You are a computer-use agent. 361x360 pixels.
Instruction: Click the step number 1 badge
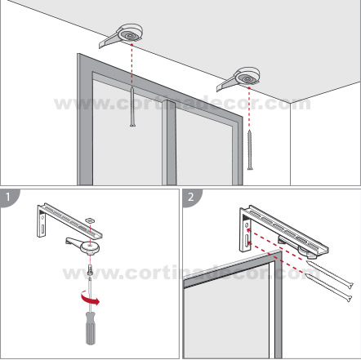pyautogui.click(x=8, y=197)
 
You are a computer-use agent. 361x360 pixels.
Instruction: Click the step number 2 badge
pyautogui.click(x=191, y=197)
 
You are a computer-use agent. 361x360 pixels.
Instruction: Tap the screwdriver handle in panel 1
pyautogui.click(x=91, y=328)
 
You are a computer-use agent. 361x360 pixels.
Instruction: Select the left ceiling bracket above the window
pyautogui.click(x=122, y=36)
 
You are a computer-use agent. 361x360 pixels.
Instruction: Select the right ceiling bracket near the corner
pyautogui.click(x=239, y=78)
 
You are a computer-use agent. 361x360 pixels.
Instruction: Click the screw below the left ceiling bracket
pyautogui.click(x=132, y=107)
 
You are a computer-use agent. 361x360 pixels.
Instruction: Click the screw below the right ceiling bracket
pyautogui.click(x=250, y=149)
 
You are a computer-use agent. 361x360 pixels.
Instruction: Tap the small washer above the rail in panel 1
pyautogui.click(x=89, y=220)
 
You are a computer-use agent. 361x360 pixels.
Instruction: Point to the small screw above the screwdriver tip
pyautogui.click(x=90, y=270)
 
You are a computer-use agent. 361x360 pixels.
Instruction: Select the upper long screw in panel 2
pyautogui.click(x=330, y=274)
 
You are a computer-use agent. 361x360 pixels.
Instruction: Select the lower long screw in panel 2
pyautogui.click(x=328, y=287)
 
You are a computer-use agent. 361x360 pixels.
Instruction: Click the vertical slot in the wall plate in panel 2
pyautogui.click(x=247, y=241)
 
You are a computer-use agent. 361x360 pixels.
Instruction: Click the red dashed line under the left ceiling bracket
pyautogui.click(x=132, y=65)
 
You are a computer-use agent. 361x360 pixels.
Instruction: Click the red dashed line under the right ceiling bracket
pyautogui.click(x=249, y=109)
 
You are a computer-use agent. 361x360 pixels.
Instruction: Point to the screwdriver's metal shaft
pyautogui.click(x=90, y=295)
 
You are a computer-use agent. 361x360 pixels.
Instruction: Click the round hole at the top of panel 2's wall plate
pyautogui.click(x=247, y=225)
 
